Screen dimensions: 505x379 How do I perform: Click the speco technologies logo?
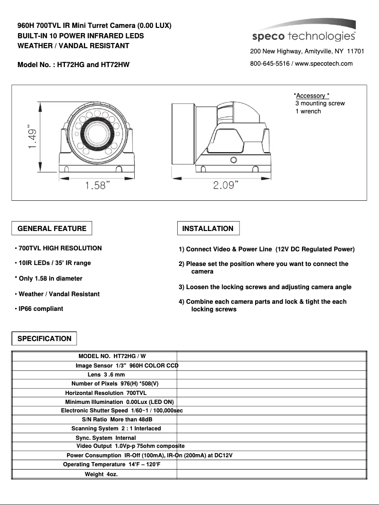point(303,33)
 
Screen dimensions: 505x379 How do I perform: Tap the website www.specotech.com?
point(324,64)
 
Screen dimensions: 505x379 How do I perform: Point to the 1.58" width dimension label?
point(98,186)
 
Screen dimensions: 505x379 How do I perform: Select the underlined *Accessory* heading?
point(311,95)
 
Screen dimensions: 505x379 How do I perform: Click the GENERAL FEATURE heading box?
point(52,229)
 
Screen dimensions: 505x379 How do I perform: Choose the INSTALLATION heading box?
point(208,229)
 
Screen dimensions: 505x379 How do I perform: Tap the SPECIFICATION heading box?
point(44,339)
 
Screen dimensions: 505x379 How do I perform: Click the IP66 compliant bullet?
point(39,309)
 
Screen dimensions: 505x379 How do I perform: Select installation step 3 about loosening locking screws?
point(265,287)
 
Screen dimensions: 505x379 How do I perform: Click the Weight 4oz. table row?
point(101,474)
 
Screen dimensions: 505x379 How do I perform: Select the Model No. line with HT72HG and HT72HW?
point(73,65)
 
